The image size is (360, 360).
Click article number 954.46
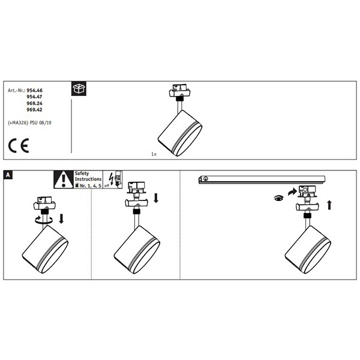34,91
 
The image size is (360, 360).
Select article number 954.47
34,97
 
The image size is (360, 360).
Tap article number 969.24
34,103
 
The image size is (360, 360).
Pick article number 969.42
34,110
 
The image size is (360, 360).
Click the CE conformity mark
19,146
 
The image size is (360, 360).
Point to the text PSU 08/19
41,123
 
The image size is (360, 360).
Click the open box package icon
79,88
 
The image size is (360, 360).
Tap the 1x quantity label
154,154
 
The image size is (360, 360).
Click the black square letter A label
8,175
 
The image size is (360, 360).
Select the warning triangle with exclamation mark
64,180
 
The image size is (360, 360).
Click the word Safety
82,173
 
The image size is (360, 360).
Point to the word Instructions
88,179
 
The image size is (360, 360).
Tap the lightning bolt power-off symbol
112,179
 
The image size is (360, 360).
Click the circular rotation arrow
44,220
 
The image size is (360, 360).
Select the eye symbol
279,198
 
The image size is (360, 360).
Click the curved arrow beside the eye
292,192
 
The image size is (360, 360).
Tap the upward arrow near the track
329,205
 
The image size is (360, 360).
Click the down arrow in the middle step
156,198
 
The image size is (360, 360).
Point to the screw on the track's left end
205,178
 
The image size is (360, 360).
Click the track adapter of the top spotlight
179,91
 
